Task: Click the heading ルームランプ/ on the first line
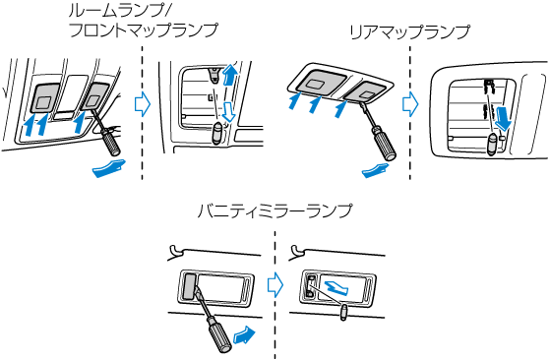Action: [118, 11]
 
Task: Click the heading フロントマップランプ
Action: [144, 30]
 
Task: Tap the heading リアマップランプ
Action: [410, 32]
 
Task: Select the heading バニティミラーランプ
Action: [274, 210]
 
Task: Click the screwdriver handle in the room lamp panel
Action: [110, 143]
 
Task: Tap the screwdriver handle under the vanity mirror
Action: [218, 334]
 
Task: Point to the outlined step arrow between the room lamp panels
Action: [143, 104]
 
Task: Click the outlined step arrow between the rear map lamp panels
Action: [410, 104]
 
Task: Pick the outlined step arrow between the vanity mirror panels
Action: [275, 284]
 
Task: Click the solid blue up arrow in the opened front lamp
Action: [229, 74]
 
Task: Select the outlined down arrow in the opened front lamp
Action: [228, 112]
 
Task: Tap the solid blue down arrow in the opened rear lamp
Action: [503, 118]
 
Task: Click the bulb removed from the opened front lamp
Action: [217, 133]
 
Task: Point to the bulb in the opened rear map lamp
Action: [493, 144]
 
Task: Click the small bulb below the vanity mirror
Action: [343, 312]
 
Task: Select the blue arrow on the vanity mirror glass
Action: [335, 287]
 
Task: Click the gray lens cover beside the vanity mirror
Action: [189, 286]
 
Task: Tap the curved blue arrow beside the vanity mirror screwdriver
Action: [244, 335]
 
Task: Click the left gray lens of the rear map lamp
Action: [320, 83]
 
